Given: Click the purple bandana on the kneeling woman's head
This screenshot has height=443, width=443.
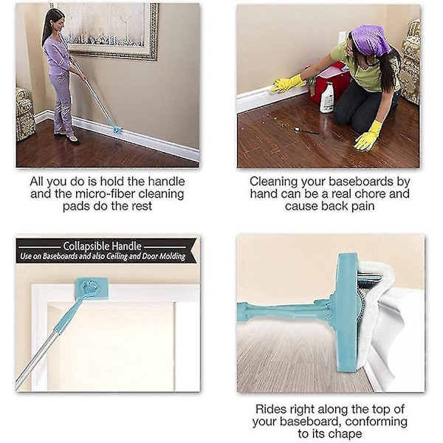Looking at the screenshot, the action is click(370, 39).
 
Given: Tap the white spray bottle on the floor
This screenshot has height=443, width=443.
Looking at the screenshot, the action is click(327, 97).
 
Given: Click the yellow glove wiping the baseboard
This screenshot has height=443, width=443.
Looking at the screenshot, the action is click(287, 83).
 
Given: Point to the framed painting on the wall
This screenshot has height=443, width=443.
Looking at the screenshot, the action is click(109, 31).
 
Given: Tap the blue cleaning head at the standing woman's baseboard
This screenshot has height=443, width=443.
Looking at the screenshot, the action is click(117, 130).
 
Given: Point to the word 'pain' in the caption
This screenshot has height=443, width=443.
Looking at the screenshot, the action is click(363, 207).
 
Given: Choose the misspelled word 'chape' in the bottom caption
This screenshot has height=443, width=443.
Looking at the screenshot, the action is click(344, 433).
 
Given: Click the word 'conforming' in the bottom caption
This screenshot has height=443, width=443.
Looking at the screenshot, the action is click(376, 422).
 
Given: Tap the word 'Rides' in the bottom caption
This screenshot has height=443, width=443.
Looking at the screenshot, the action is click(269, 409).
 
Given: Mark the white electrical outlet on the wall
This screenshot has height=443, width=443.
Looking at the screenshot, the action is click(343, 37).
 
